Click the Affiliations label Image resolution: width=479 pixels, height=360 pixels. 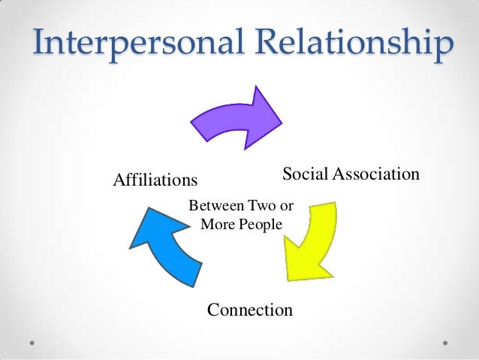[x=155, y=180]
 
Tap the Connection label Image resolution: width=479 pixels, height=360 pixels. [x=249, y=309]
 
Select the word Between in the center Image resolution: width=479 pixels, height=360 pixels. [x=214, y=205]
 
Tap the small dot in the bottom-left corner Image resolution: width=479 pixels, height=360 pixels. [x=33, y=341]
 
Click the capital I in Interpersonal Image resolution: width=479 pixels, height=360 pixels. [x=38, y=44]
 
